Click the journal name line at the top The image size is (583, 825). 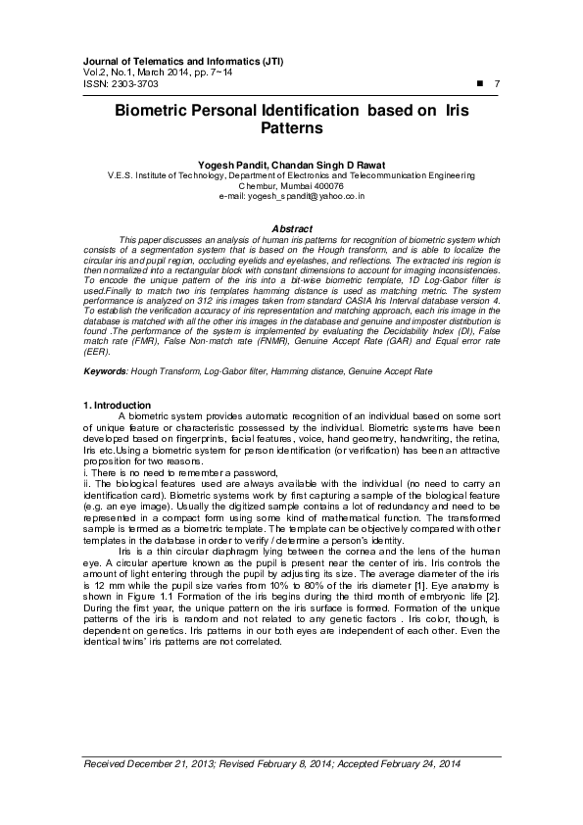183,61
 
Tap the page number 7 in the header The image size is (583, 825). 498,84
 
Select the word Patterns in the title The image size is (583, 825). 291,128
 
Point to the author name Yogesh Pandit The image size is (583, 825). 227,165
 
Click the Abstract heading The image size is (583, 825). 291,228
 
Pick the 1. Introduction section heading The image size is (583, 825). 118,432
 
